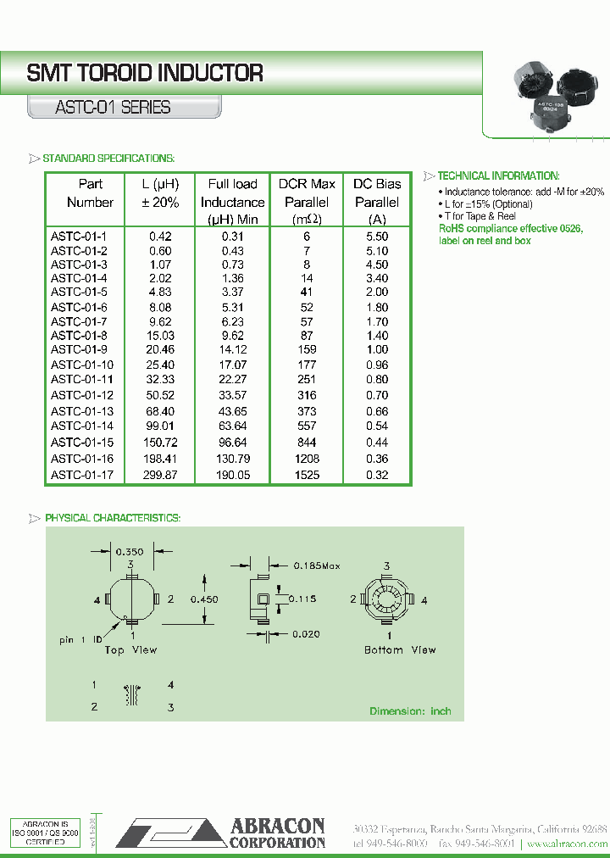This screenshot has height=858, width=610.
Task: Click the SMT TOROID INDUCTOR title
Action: [145, 74]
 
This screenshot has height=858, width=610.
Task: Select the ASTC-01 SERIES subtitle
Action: [113, 108]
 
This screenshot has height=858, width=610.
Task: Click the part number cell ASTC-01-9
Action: [78, 349]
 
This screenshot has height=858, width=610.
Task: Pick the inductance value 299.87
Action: [161, 475]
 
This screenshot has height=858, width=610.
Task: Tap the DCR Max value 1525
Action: [307, 475]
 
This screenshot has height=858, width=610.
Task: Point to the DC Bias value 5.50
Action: [377, 237]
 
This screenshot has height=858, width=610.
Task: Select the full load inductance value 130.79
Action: [232, 459]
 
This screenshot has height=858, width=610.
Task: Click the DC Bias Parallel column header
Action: [377, 202]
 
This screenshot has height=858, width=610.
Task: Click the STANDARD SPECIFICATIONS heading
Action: [108, 159]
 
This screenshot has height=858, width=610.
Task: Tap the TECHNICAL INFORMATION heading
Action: [498, 175]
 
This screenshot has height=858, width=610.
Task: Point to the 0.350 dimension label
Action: [130, 551]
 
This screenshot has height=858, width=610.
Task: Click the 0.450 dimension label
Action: [203, 599]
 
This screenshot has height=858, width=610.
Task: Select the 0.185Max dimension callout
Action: [316, 565]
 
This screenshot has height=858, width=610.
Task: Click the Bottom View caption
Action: [401, 650]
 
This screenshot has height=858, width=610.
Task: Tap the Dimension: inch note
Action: [410, 711]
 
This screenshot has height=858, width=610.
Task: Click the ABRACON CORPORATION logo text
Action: [277, 833]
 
